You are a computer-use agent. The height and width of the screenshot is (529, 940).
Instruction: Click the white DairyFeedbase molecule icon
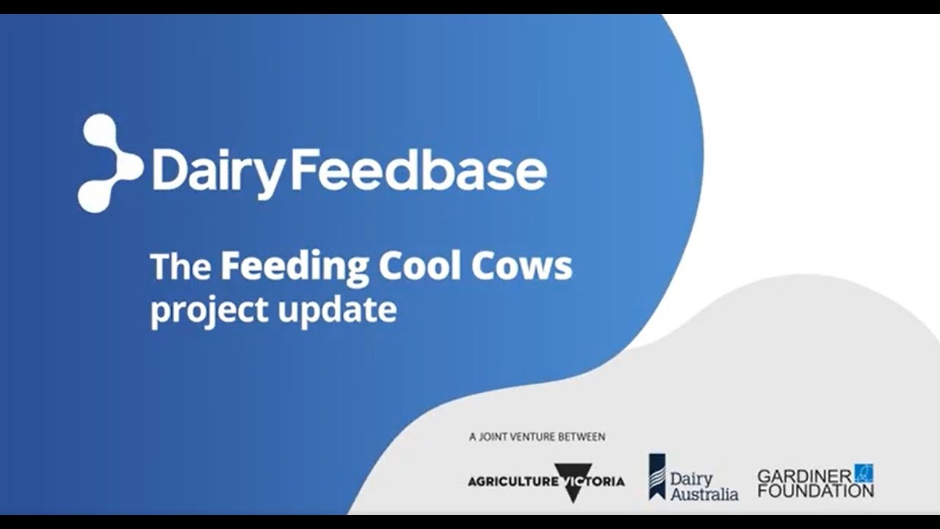click(x=110, y=163)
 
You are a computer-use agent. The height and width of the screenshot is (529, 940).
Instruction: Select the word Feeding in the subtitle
click(x=294, y=266)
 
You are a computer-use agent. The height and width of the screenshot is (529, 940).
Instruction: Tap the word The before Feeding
click(x=180, y=266)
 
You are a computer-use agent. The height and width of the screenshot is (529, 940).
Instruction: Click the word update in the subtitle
click(x=337, y=309)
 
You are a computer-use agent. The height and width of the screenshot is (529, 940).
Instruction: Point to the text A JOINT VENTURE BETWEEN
click(x=537, y=437)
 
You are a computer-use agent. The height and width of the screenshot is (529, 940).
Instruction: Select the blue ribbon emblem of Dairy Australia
click(x=657, y=476)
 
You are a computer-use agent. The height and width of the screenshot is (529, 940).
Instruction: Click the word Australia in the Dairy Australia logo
click(x=704, y=494)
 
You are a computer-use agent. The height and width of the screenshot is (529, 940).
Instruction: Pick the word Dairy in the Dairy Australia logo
click(x=691, y=478)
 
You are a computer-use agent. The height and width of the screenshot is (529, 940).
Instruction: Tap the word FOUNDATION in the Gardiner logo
click(x=815, y=489)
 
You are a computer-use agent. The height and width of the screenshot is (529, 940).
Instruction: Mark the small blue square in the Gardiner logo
click(x=864, y=472)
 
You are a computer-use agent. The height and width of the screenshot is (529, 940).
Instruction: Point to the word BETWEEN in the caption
click(x=585, y=437)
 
